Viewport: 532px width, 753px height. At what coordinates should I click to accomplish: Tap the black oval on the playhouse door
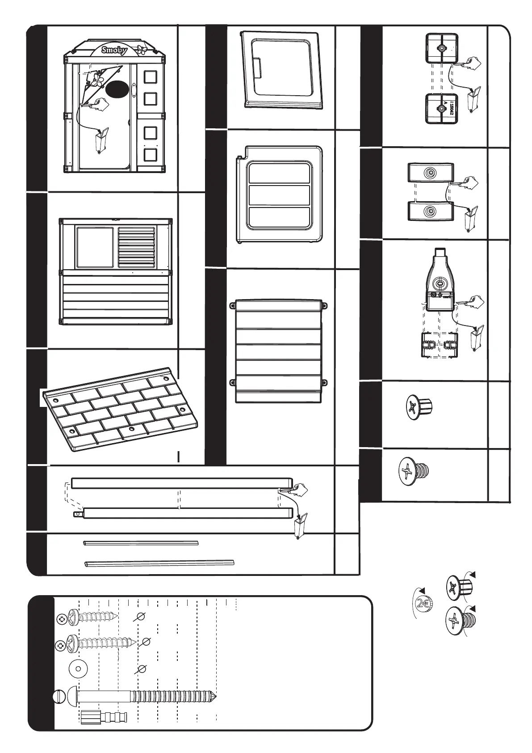(117, 89)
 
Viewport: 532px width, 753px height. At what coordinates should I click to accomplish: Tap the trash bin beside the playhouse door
(100, 140)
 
